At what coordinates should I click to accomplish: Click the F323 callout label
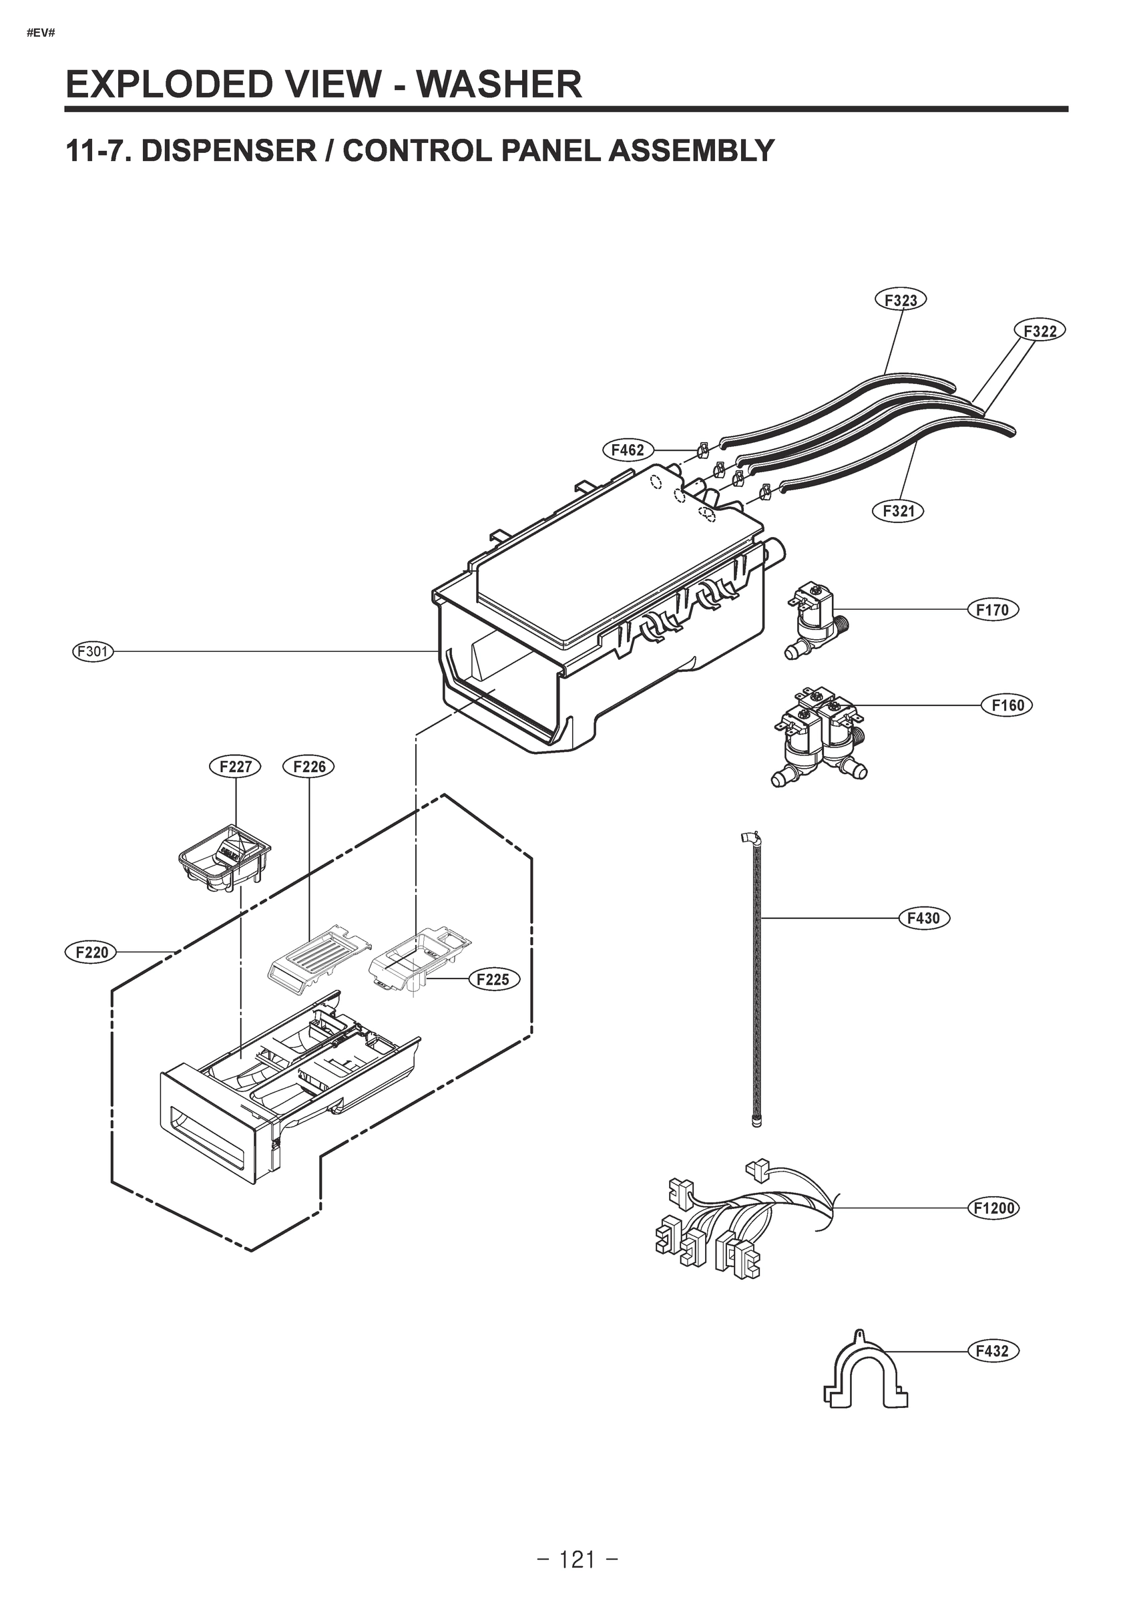[900, 300]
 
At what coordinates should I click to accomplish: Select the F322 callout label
[1040, 330]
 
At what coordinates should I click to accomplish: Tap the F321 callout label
[898, 511]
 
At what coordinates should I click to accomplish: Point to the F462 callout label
[628, 450]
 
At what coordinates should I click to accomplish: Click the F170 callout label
[992, 610]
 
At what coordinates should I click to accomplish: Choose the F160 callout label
[1007, 705]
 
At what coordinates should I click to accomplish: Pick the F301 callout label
[93, 652]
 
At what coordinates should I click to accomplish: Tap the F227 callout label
[235, 767]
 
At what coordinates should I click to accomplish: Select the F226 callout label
[309, 767]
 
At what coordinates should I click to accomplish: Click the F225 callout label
[493, 980]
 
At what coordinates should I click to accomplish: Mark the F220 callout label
[91, 952]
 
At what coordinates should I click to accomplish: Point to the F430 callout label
[923, 918]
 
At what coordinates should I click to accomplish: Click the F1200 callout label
[993, 1208]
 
